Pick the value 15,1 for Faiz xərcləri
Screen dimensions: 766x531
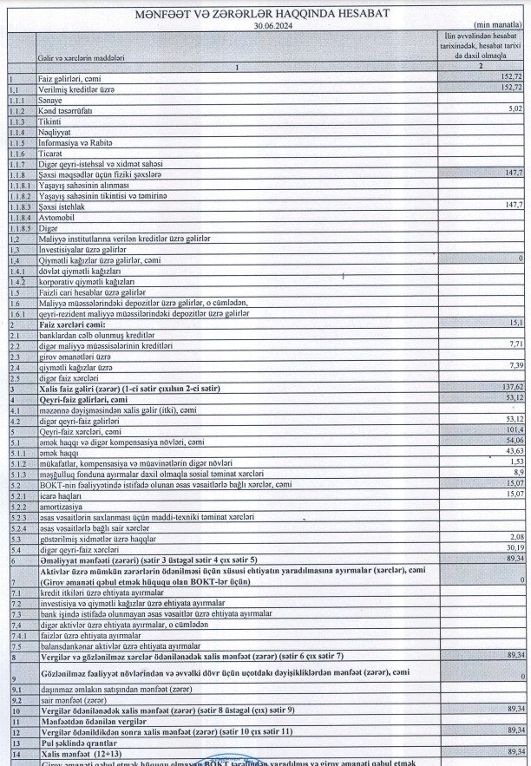click(515, 323)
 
